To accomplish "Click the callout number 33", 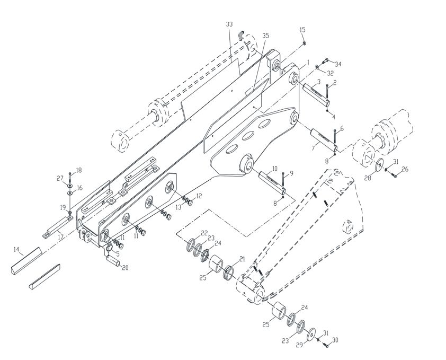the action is point(229,24).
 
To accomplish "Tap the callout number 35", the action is point(265,36).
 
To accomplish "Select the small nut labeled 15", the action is point(304,43).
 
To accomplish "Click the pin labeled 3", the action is point(316,94).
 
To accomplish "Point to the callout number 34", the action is point(337,64).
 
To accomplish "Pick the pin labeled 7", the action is point(324,141).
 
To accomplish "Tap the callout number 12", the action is point(199,196).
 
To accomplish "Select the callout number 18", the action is point(78,170).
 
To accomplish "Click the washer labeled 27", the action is point(70,185).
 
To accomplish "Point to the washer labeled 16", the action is point(70,193).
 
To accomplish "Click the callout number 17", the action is point(60,237).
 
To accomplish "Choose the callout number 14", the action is point(17,250).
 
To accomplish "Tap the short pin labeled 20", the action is point(113,261).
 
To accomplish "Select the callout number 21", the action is point(242,259).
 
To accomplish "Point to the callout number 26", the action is point(405,170).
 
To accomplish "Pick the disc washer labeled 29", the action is point(312,334).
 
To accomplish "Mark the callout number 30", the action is point(335,340).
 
